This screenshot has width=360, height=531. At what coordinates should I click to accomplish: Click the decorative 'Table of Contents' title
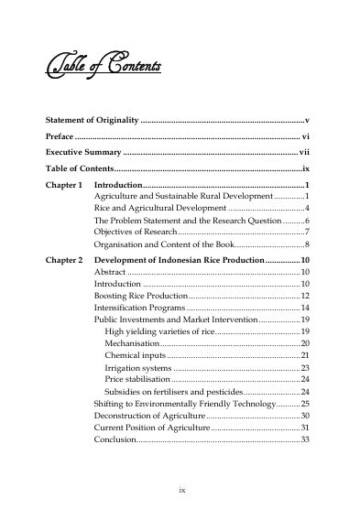coord(104,68)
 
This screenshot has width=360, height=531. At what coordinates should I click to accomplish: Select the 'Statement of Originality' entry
coord(92,121)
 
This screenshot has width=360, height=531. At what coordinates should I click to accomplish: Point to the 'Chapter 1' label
coord(64,185)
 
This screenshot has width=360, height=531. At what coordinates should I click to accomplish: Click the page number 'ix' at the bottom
coord(181,491)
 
